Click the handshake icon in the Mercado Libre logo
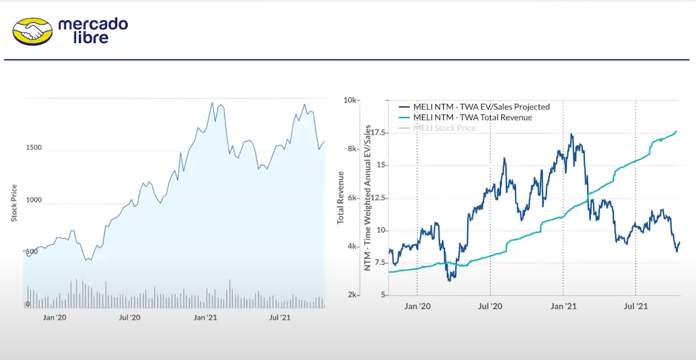coord(32,31)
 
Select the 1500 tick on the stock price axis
coord(34,148)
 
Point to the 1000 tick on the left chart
coord(34,200)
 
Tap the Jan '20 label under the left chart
coord(55,318)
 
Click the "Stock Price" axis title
coord(15,203)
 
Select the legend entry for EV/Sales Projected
coord(481,107)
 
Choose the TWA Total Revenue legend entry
coord(472,117)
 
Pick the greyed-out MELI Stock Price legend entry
coord(444,128)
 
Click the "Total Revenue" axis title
coord(341,197)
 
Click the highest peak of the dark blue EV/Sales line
coord(571,135)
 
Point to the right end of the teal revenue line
coord(676,131)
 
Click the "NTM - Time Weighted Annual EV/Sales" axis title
coord(367,197)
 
